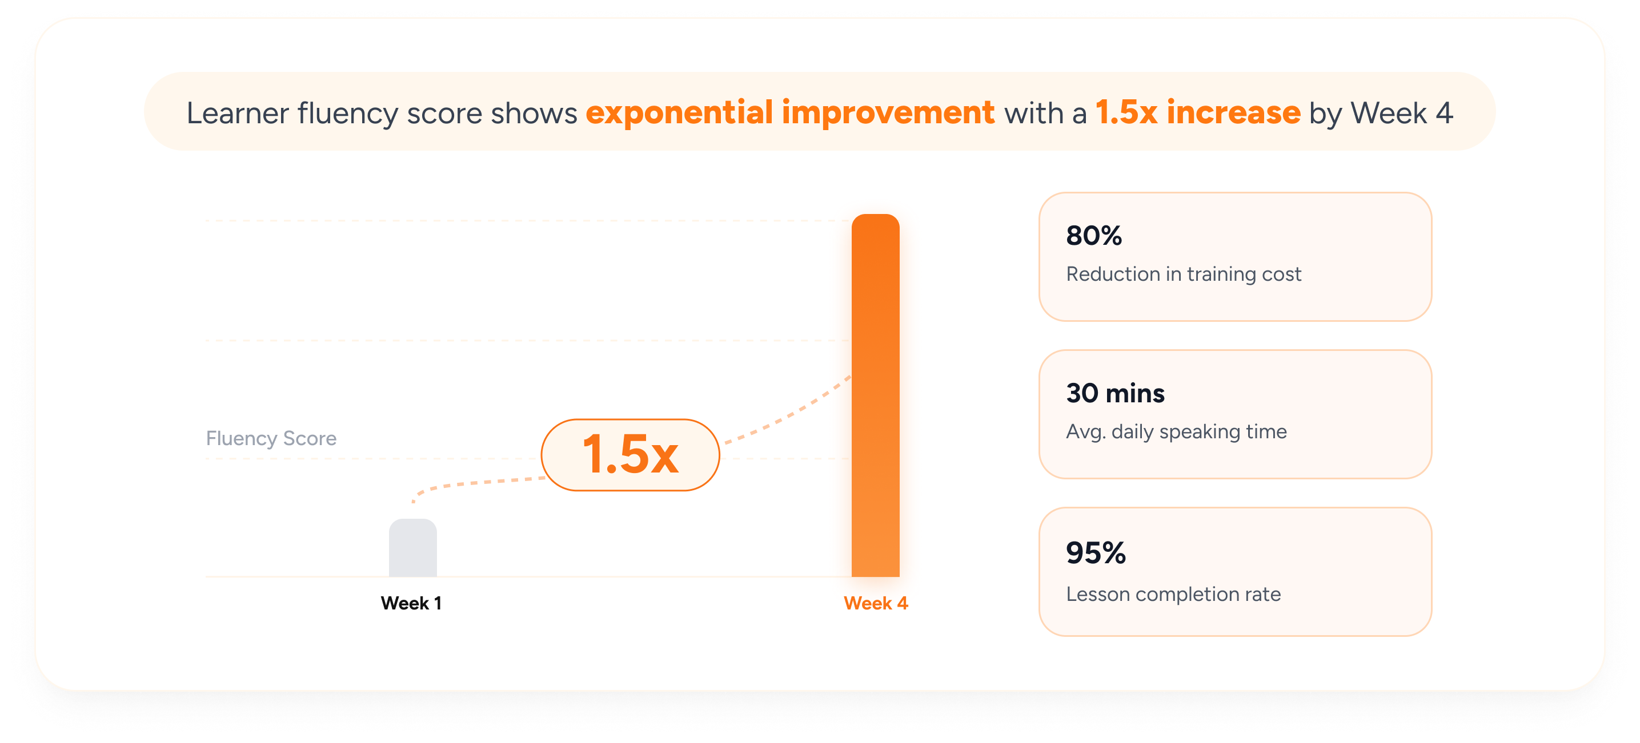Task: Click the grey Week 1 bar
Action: (x=412, y=548)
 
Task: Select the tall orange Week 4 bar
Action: (x=875, y=395)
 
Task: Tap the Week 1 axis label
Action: (x=411, y=603)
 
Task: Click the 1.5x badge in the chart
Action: (x=630, y=455)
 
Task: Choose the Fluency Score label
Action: (x=271, y=438)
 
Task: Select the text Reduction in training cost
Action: (x=1184, y=274)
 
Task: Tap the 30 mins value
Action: (x=1116, y=393)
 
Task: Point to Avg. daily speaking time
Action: (x=1177, y=432)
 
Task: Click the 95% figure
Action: (x=1096, y=553)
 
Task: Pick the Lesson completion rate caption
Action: (x=1173, y=594)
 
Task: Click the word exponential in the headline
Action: (x=679, y=113)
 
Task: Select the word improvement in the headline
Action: (x=888, y=113)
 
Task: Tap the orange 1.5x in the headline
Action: (x=1126, y=112)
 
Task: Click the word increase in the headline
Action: (x=1233, y=112)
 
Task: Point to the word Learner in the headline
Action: (x=238, y=113)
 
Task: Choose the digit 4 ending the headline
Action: (x=1444, y=113)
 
